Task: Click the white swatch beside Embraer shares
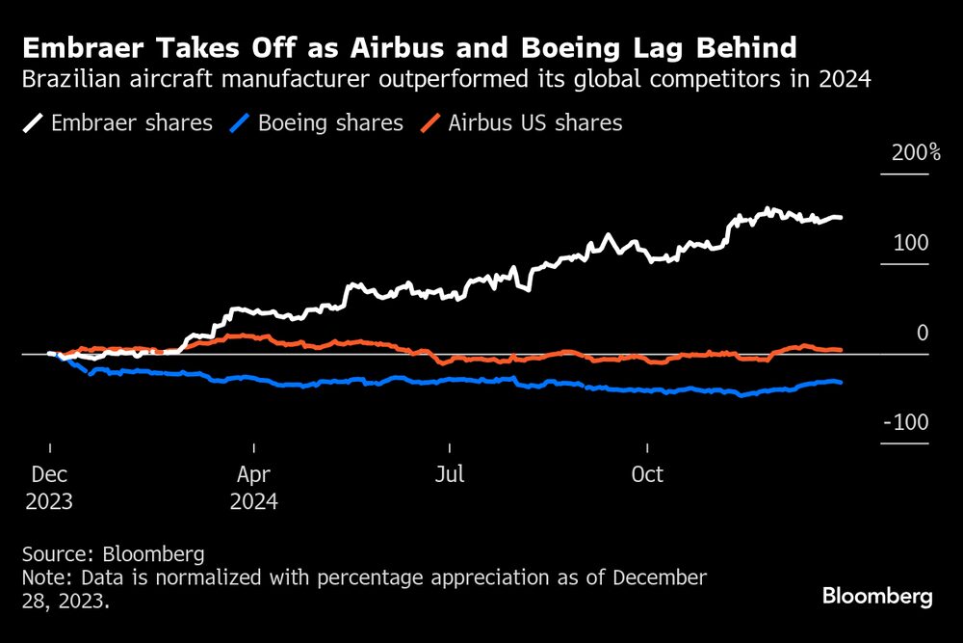click(34, 123)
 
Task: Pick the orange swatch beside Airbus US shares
click(433, 123)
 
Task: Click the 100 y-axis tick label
click(910, 243)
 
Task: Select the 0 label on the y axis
click(923, 334)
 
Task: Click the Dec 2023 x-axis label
click(49, 489)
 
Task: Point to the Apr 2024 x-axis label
click(254, 489)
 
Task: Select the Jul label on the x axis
click(450, 475)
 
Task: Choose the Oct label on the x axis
click(647, 475)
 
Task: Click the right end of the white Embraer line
click(841, 218)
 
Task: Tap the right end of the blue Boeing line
click(841, 383)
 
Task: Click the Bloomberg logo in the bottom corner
click(877, 597)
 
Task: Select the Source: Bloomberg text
click(113, 554)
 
